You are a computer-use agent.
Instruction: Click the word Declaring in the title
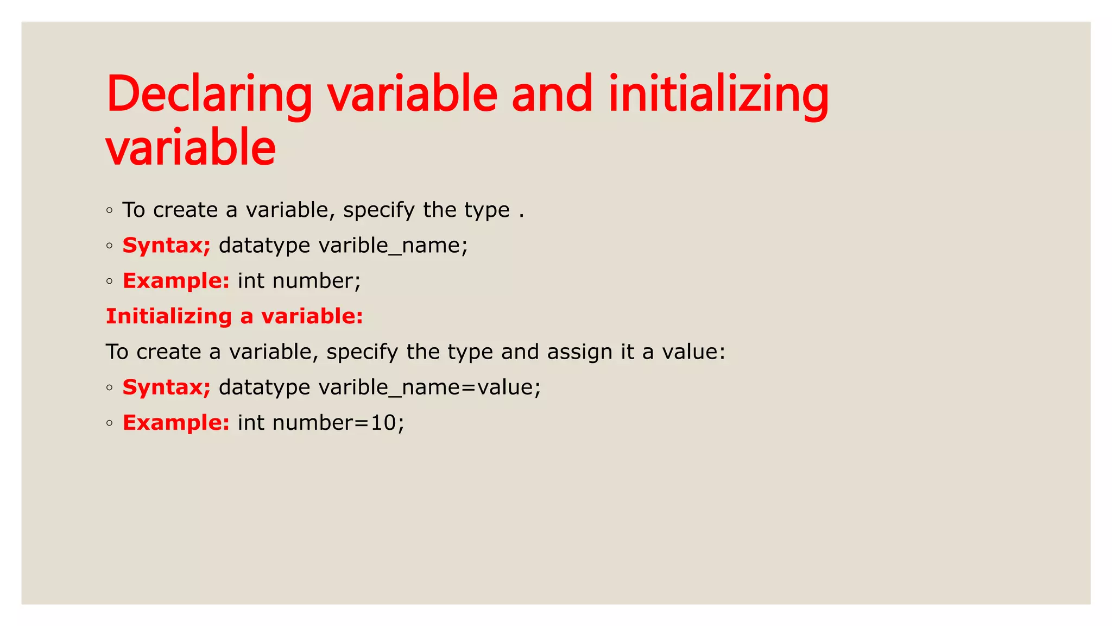209,95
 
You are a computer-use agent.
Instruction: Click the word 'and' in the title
552,95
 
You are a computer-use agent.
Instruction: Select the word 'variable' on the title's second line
191,148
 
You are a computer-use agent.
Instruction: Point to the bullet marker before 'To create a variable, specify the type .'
110,210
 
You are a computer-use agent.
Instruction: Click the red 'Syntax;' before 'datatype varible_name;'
166,246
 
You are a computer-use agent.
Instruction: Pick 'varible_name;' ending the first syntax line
393,246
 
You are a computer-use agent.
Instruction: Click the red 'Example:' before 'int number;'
176,281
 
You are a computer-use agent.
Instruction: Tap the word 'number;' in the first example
317,281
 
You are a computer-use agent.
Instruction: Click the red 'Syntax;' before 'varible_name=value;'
166,387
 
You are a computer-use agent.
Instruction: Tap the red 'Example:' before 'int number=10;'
176,423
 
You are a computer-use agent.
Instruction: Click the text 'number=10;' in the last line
338,423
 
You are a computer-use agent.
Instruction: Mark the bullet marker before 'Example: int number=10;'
110,423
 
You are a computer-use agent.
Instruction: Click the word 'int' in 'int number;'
251,281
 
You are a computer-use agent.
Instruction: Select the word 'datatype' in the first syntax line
264,246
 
